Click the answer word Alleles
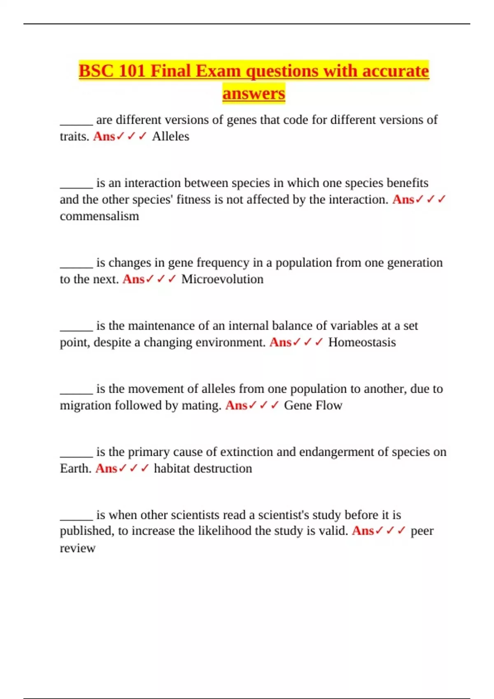click(170, 136)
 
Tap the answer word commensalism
click(99, 216)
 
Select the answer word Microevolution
click(222, 279)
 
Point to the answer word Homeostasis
click(362, 342)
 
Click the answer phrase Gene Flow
click(313, 405)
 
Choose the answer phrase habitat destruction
click(203, 468)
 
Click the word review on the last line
click(77, 548)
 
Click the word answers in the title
click(254, 93)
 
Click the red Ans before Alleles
click(104, 136)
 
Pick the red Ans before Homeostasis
click(280, 342)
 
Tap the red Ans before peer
click(363, 531)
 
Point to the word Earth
click(75, 468)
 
